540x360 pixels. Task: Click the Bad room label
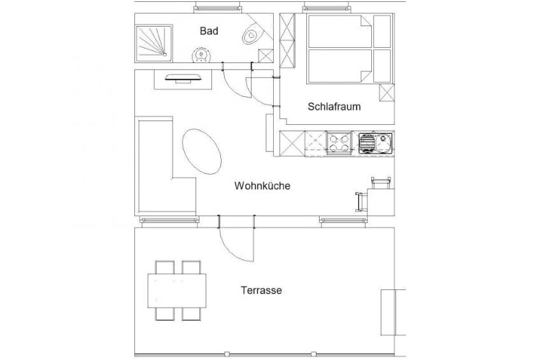(209, 31)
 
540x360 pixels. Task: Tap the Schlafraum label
(334, 106)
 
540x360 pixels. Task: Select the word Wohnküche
(262, 185)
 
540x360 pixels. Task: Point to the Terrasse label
(261, 290)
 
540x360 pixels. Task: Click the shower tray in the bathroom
(154, 43)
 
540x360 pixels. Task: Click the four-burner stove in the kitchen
(339, 143)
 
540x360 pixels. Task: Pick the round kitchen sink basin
(383, 142)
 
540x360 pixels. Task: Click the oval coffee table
(201, 152)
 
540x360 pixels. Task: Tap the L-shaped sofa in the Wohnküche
(166, 166)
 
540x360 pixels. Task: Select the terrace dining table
(177, 291)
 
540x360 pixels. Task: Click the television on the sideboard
(183, 78)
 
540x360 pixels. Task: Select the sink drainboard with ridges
(366, 143)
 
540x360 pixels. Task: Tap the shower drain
(165, 54)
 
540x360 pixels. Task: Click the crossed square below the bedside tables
(387, 92)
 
